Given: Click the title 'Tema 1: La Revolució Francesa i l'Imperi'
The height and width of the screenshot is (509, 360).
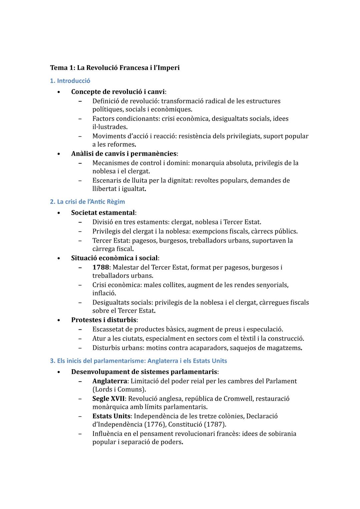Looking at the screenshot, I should tap(115, 68).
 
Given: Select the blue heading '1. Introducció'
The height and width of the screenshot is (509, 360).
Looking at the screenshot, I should tap(70, 81).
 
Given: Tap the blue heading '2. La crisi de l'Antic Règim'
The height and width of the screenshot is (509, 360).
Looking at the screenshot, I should tap(87, 202).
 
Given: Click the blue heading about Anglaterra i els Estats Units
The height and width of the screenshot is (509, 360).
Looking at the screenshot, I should tap(138, 361).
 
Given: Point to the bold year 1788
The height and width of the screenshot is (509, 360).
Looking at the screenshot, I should tap(100, 267).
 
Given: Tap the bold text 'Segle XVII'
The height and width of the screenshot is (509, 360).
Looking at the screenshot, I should tap(108, 399).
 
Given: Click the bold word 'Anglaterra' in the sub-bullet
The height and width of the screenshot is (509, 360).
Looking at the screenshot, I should tap(110, 381).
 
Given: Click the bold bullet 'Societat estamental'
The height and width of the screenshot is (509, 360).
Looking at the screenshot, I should tap(103, 213).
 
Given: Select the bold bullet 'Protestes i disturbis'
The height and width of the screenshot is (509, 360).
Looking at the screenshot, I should tap(104, 320).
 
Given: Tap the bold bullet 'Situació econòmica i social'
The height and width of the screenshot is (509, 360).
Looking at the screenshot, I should tap(114, 258).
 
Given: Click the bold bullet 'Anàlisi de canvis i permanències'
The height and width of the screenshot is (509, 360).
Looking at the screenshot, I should tap(124, 154).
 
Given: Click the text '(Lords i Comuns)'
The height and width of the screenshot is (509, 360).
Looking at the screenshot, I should tap(119, 389).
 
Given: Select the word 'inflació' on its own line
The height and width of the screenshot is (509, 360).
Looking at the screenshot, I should tap(104, 293).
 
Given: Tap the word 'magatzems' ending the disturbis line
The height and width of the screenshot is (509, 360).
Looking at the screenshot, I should tap(285, 348).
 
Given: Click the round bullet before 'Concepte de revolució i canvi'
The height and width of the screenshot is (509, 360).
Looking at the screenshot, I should tap(58, 92).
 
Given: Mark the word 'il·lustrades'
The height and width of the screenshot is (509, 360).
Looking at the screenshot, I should tap(109, 127).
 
